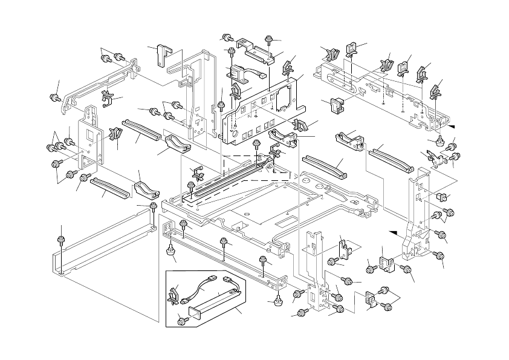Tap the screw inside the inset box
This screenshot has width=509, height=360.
[x=180, y=320]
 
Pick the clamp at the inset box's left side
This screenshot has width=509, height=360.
[x=175, y=295]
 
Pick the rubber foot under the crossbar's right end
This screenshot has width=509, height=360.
[x=278, y=299]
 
